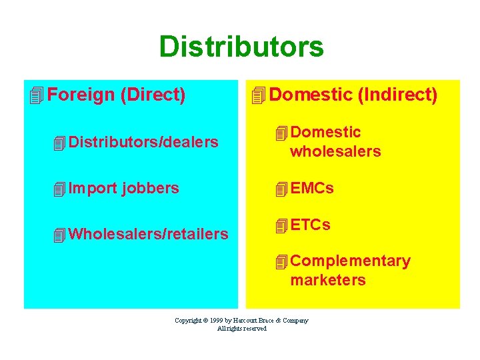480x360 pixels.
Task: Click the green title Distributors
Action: click(241, 47)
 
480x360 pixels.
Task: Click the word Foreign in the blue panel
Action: click(81, 95)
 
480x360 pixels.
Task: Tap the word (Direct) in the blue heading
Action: click(153, 95)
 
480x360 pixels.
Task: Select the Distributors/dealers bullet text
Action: click(143, 142)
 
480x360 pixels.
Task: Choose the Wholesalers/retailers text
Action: click(148, 234)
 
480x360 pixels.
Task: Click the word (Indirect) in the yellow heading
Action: click(397, 95)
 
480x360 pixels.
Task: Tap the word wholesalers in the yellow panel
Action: click(335, 151)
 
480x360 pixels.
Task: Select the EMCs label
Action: click(312, 189)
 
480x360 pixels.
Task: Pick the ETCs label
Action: click(310, 225)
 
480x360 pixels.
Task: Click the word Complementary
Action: click(350, 261)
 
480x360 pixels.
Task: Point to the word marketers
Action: click(328, 280)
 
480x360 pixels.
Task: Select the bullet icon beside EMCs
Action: click(281, 189)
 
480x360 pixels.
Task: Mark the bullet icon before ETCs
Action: click(281, 225)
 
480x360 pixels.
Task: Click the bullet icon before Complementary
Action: click(281, 261)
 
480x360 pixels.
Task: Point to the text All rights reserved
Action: click(241, 328)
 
